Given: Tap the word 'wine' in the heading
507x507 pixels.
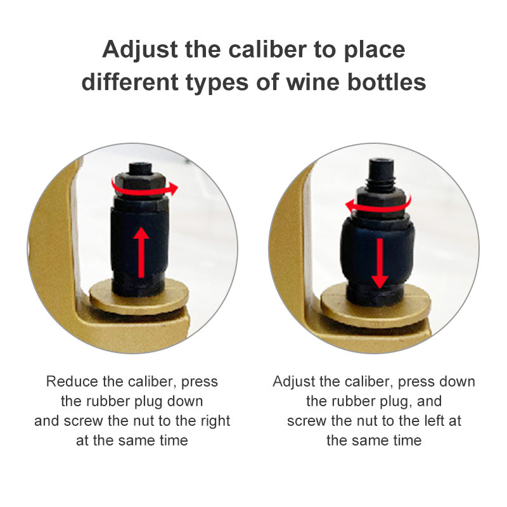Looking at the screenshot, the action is click(313, 82).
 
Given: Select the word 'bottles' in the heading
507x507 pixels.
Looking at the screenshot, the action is click(387, 82).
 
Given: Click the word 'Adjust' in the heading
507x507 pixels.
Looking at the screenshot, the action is click(140, 50).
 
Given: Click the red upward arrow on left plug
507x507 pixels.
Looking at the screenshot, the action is click(141, 252).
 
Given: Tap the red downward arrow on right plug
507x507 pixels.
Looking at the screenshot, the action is click(380, 263).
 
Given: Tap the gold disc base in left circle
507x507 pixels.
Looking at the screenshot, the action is click(139, 297).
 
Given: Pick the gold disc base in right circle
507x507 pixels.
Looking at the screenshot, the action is click(375, 305).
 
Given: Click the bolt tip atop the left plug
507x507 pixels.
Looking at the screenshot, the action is click(141, 168).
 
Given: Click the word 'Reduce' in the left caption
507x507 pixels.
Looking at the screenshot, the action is click(72, 382).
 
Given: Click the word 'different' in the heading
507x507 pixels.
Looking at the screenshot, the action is click(130, 82).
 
